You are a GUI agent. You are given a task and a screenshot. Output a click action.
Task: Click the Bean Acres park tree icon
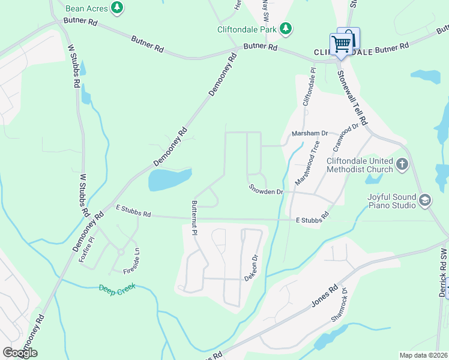[x=118, y=7]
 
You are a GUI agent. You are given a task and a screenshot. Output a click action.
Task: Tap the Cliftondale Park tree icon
[x=286, y=28]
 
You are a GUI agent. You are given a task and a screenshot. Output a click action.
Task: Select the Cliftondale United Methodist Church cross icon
[x=402, y=163]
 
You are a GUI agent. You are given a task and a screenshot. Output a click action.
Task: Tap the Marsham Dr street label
[x=310, y=133]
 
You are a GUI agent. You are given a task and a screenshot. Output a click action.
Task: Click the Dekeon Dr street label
[x=251, y=269]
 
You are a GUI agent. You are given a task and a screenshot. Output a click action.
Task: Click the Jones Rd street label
[x=325, y=295]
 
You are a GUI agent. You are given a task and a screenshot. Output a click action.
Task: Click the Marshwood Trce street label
[x=307, y=163]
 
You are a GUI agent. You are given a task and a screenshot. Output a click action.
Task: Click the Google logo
[x=20, y=353]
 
